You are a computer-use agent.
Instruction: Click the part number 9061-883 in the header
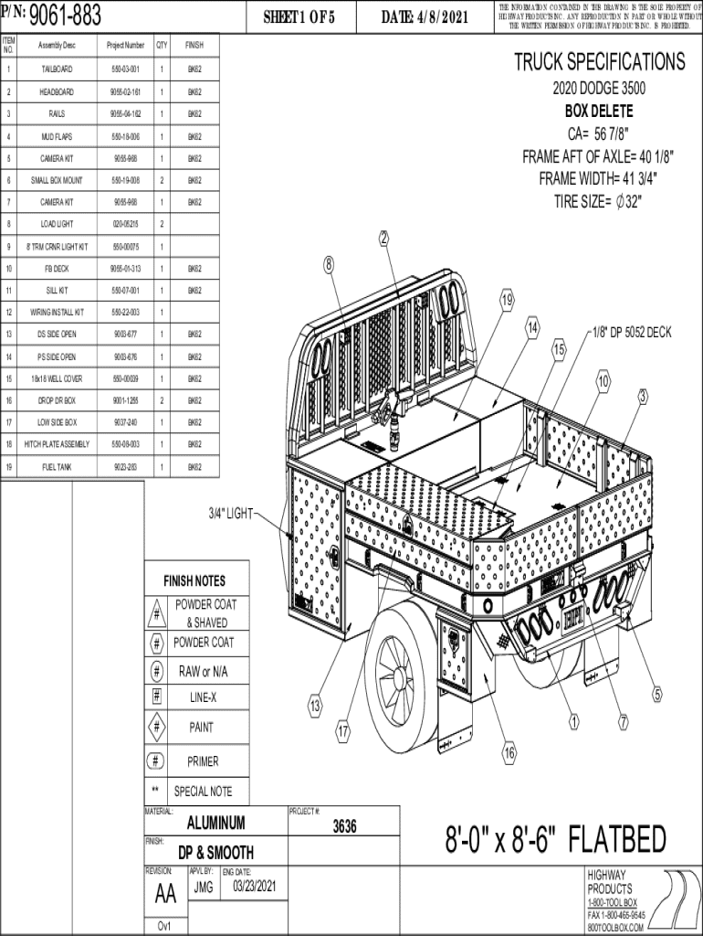point(66,16)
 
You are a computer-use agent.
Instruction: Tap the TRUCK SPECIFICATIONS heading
point(599,62)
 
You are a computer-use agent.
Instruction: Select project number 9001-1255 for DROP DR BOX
point(126,400)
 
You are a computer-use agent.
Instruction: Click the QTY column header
point(162,45)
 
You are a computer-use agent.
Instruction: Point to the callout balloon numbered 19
point(507,301)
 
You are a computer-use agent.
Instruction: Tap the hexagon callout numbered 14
point(532,327)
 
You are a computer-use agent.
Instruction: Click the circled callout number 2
point(384,239)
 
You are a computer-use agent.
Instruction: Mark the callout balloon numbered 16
point(509,753)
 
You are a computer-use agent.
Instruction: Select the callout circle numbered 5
point(656,696)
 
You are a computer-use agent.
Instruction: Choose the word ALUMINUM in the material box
point(215,822)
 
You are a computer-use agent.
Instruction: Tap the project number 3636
point(344,826)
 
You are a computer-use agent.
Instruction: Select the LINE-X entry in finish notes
point(203,698)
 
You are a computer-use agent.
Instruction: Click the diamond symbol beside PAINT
point(157,728)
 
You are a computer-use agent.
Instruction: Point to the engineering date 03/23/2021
point(254,887)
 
